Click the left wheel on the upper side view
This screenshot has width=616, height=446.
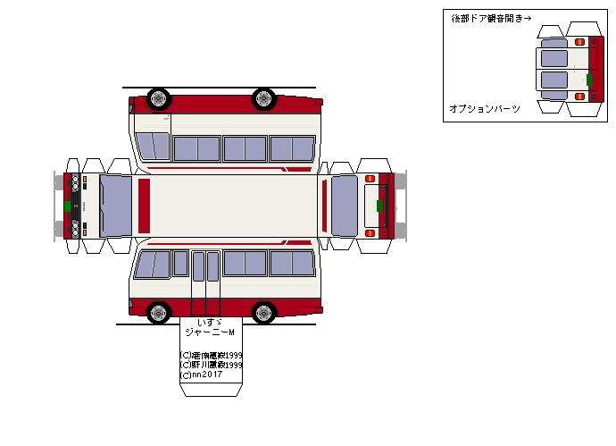159,97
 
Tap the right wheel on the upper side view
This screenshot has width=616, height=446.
263,97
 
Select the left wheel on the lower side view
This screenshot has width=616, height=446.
159,312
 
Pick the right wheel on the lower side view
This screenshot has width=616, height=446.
263,312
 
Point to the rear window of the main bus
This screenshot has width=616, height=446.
345,206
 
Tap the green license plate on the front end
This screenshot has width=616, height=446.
67,206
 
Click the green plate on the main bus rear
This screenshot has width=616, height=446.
379,206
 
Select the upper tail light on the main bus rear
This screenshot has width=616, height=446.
370,179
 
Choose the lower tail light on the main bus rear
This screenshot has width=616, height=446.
370,233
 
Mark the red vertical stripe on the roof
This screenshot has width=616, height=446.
144,206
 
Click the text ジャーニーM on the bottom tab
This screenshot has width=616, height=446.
210,332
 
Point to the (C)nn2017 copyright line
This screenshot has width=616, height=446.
203,374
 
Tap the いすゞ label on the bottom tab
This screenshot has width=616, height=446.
209,321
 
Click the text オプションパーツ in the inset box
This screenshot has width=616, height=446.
484,108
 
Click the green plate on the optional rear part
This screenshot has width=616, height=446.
589,79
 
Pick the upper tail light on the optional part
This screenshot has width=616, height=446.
579,42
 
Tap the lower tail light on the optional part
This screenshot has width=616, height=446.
579,96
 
